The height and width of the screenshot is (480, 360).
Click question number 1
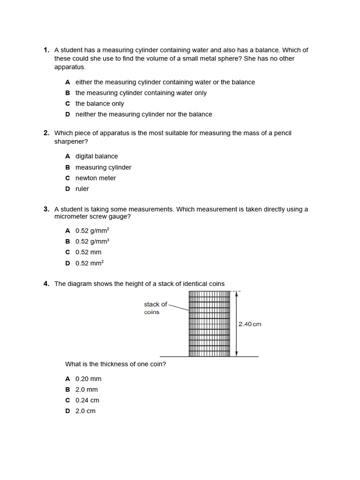(x=46, y=50)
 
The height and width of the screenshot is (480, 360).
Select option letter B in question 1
(x=67, y=93)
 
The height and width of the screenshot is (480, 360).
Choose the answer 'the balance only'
(x=99, y=104)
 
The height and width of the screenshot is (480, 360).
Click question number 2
(x=46, y=133)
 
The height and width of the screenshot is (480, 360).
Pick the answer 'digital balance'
(x=97, y=156)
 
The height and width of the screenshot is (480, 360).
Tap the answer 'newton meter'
(x=96, y=178)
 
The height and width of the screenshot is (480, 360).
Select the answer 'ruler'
(x=82, y=189)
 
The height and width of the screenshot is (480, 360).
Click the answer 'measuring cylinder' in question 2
(x=103, y=167)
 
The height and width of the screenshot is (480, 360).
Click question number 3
(x=46, y=209)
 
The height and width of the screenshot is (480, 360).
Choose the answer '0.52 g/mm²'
(x=92, y=231)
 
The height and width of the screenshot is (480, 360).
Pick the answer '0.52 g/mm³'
(x=92, y=241)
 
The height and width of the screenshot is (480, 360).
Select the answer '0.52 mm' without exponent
(x=88, y=252)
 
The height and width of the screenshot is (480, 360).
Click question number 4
(x=46, y=284)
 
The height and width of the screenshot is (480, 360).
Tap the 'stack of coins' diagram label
(x=155, y=308)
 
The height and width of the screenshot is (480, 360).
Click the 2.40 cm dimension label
(x=250, y=324)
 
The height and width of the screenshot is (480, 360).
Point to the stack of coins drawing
(x=209, y=324)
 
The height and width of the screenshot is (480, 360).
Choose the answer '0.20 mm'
(x=88, y=379)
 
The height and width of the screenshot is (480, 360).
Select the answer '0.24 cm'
(x=87, y=400)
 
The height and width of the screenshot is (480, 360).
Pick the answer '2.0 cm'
(x=85, y=411)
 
